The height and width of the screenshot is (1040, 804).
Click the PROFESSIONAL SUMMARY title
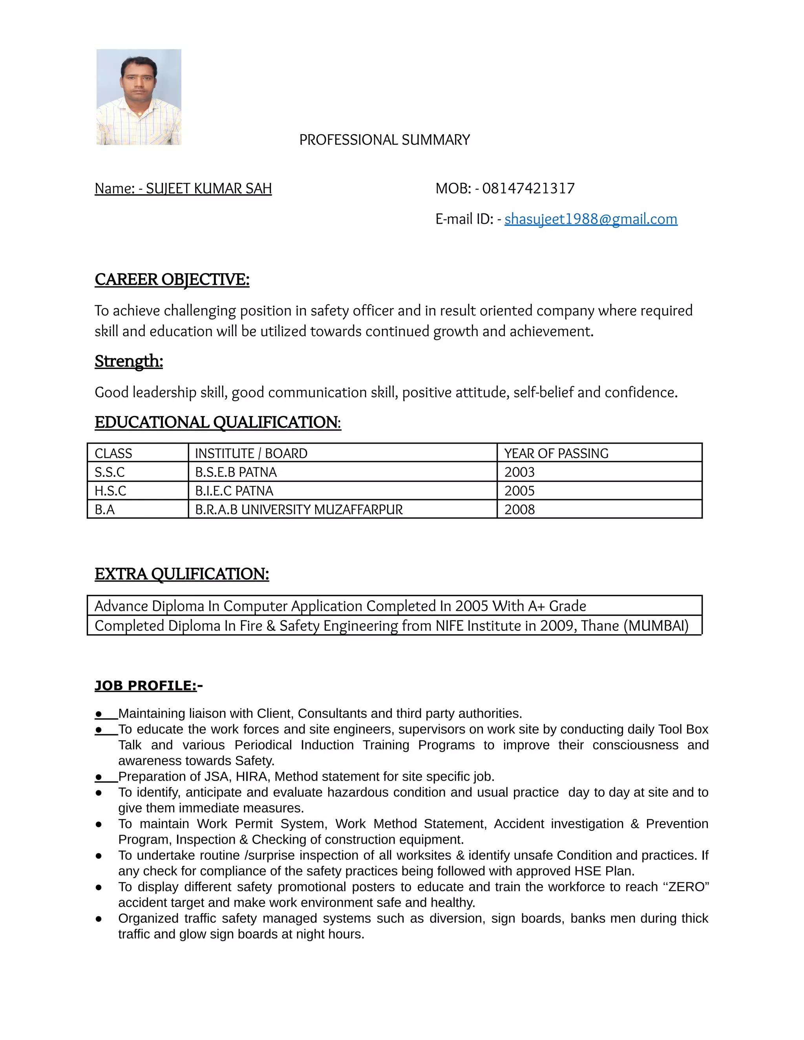click(384, 140)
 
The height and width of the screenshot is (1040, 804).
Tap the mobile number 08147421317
click(528, 188)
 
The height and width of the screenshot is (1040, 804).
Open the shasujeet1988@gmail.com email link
click(590, 219)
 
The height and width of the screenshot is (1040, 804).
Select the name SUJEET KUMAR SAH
click(208, 188)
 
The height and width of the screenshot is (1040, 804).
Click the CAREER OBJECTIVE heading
click(172, 279)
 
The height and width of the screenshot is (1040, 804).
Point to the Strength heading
click(129, 361)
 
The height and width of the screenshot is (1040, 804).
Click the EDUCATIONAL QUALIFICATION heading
click(217, 422)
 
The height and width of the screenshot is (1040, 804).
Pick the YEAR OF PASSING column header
click(556, 453)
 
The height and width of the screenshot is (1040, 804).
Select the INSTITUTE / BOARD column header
click(251, 453)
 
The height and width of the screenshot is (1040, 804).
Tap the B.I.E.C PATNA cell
click(234, 491)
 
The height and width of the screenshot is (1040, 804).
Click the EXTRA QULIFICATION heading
click(181, 574)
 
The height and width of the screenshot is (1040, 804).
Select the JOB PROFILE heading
click(146, 686)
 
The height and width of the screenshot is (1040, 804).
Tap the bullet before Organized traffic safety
click(99, 919)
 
